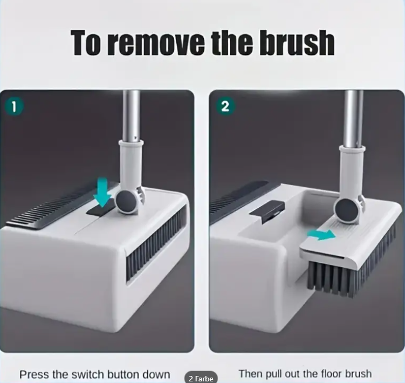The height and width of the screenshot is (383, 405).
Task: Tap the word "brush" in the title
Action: tap(297, 42)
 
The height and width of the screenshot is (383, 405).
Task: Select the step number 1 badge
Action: tap(14, 107)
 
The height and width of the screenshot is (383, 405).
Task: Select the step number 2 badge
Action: tap(225, 106)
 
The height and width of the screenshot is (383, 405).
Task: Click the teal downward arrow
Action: tap(104, 192)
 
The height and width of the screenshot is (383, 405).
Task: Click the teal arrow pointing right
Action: tap(321, 235)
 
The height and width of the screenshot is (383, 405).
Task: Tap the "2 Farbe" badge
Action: tap(201, 378)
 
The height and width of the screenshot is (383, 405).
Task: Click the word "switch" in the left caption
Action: tap(87, 374)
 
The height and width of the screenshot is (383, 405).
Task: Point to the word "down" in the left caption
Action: tap(157, 374)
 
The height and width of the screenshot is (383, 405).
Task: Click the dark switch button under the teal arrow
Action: tap(100, 210)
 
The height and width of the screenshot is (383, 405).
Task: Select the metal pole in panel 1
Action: tap(132, 115)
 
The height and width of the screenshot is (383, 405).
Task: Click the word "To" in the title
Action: tap(86, 43)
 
